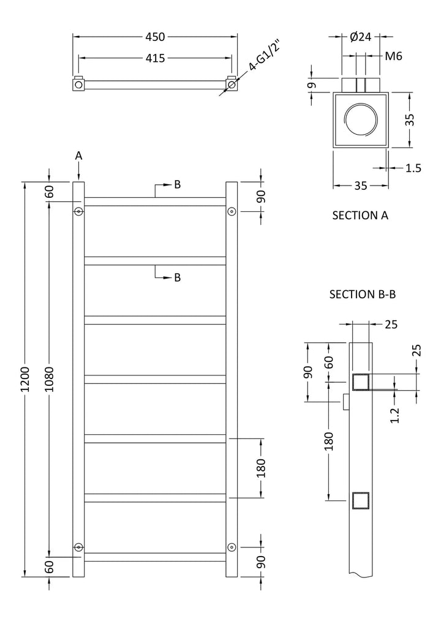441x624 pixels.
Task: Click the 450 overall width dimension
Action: tap(155, 37)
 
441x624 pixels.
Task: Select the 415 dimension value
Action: tap(155, 58)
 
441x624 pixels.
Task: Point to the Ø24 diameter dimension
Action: tap(361, 37)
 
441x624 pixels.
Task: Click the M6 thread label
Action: tap(393, 56)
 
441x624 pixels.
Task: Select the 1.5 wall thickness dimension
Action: tap(413, 168)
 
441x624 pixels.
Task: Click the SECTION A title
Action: tap(360, 215)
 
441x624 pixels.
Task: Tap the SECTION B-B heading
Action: tap(363, 295)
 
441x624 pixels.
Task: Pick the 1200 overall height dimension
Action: tap(25, 380)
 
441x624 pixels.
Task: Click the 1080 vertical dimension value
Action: tap(49, 380)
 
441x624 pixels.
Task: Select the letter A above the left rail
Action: tap(78, 156)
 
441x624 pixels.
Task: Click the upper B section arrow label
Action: tap(177, 184)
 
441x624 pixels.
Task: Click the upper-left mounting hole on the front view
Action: tap(78, 211)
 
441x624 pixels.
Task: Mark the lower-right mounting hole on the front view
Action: tap(232, 546)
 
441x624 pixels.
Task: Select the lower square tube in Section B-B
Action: tap(360, 501)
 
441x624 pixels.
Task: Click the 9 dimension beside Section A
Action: tap(312, 85)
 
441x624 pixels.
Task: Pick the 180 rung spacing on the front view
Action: tap(262, 468)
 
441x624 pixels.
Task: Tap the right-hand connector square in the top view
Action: tap(232, 82)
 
